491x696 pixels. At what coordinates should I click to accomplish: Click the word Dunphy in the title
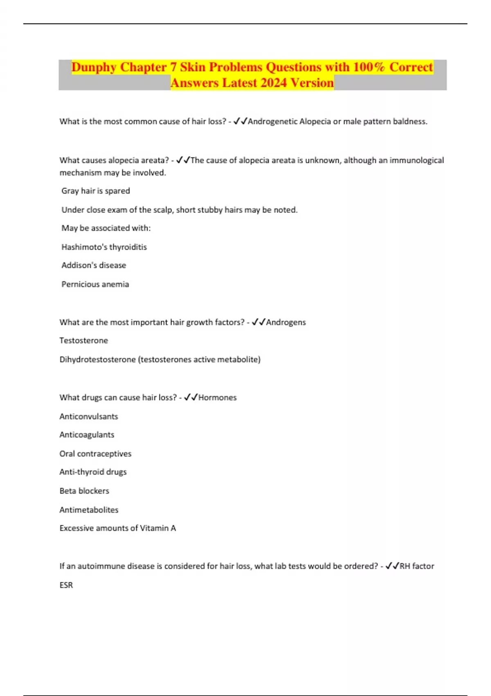point(94,67)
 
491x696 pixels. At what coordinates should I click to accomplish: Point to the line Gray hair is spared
point(96,191)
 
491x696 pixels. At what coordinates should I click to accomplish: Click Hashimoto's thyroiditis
point(104,247)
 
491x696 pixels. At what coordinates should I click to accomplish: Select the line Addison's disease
point(94,265)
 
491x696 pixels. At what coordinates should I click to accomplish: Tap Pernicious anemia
point(95,285)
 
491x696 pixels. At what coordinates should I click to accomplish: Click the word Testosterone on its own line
point(84,341)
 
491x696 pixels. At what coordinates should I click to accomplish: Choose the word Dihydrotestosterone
point(97,359)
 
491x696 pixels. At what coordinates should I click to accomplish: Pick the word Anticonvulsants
point(89,417)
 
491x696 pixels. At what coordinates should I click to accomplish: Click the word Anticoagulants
point(87,435)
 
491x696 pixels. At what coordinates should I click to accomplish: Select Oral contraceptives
point(95,454)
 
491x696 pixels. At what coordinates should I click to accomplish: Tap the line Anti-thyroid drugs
point(93,472)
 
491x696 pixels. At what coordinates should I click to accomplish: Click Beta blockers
point(84,491)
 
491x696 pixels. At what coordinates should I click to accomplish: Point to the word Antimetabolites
point(89,510)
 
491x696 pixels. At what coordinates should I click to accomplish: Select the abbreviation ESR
point(66,585)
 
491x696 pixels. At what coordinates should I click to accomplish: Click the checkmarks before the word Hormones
point(191,398)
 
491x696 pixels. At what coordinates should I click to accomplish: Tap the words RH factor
point(417,566)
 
